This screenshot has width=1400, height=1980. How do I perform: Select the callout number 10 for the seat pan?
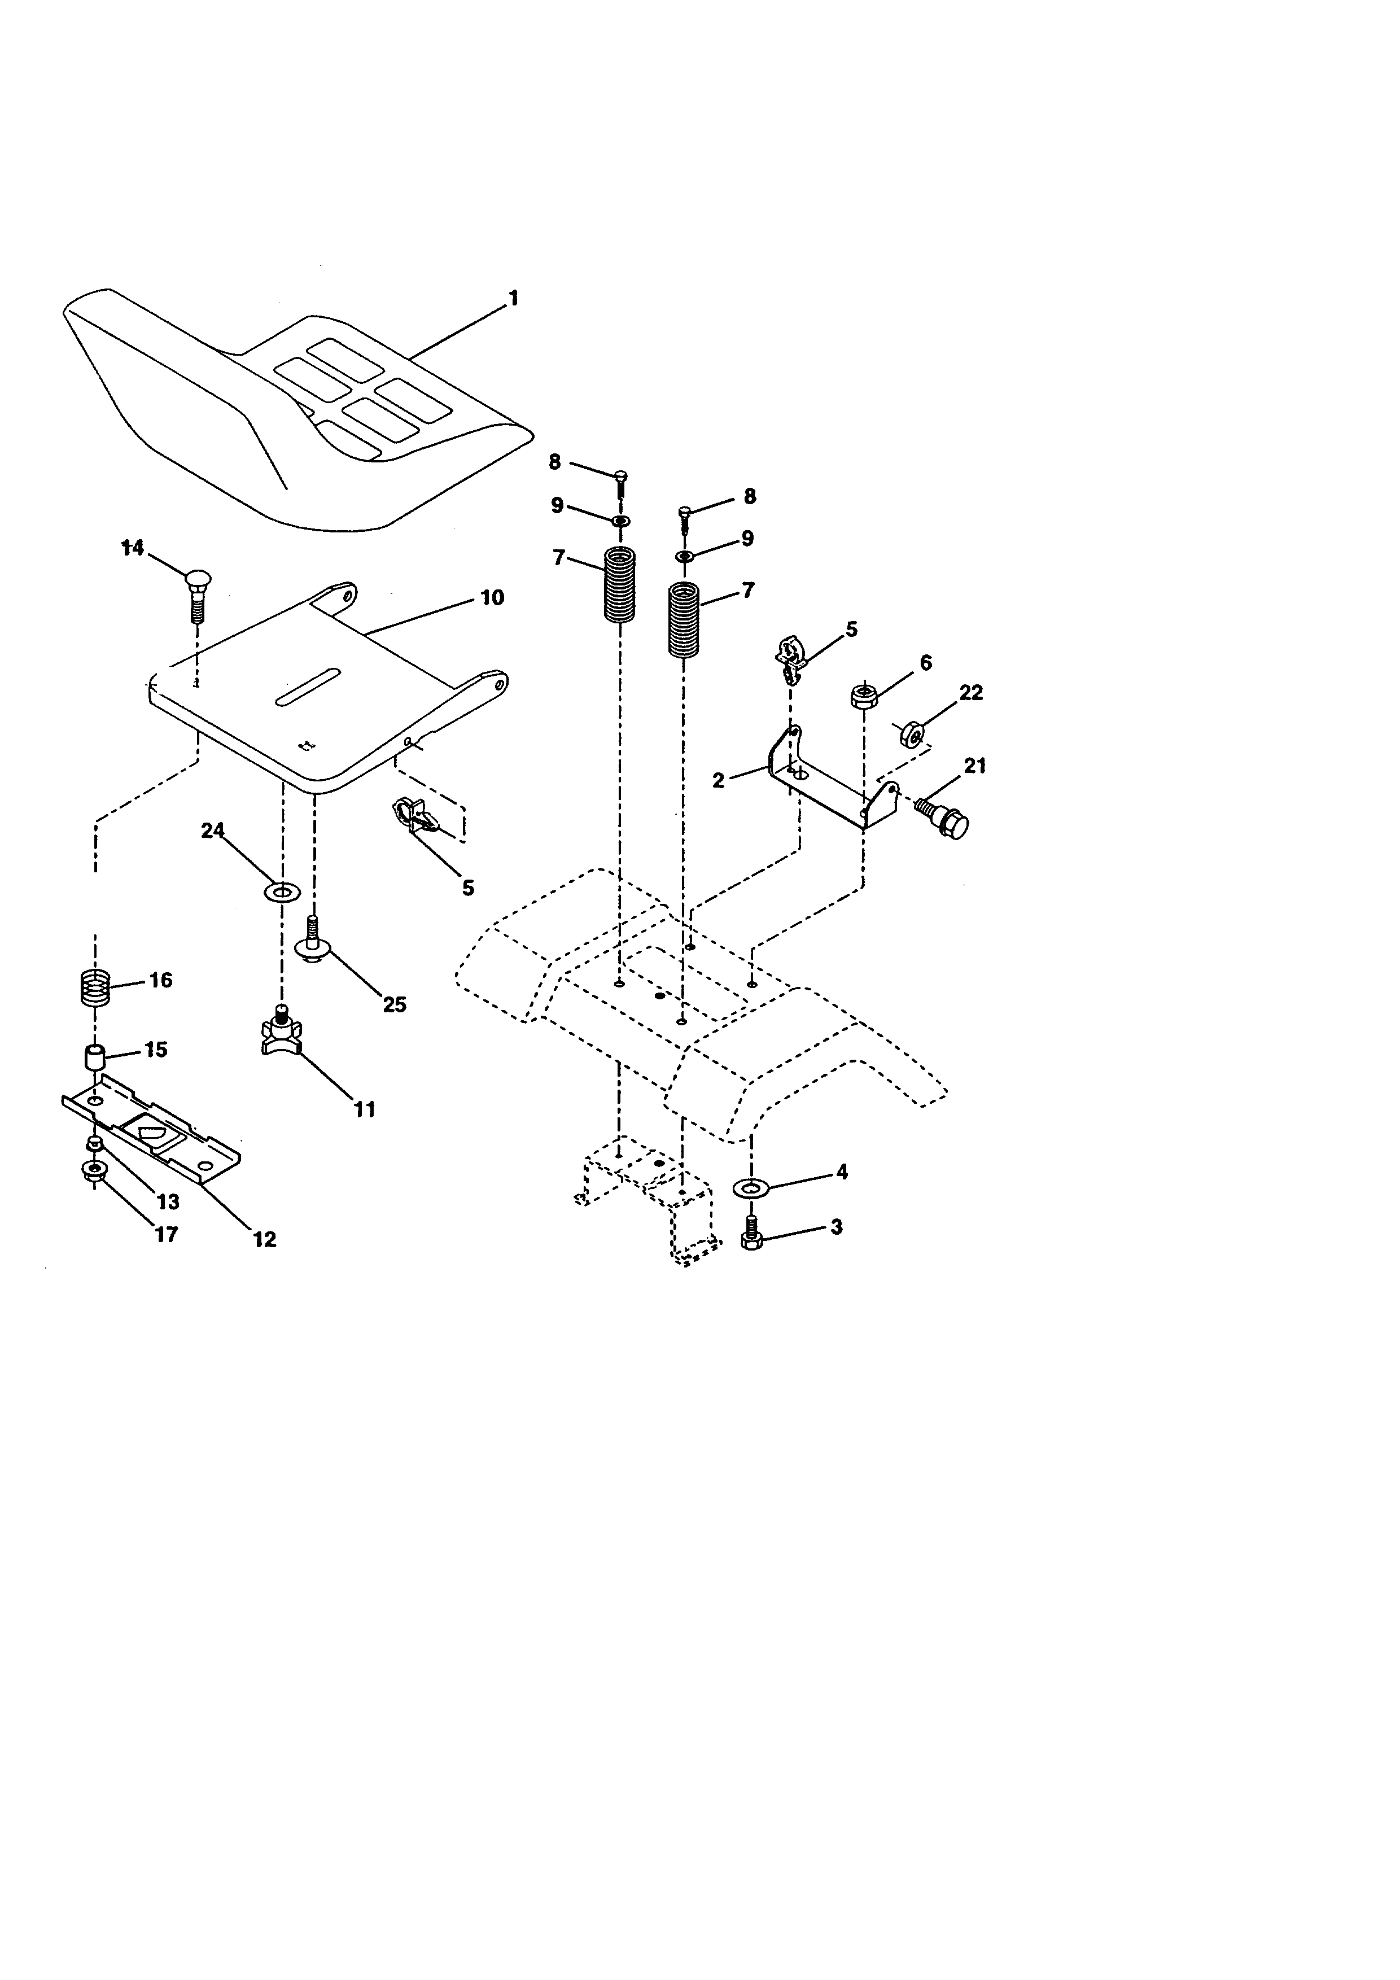pyautogui.click(x=491, y=598)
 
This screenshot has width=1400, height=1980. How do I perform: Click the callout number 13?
pyautogui.click(x=167, y=1201)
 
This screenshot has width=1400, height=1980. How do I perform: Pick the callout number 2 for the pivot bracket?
pyautogui.click(x=718, y=780)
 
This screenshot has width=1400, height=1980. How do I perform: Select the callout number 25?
pyautogui.click(x=394, y=1004)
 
